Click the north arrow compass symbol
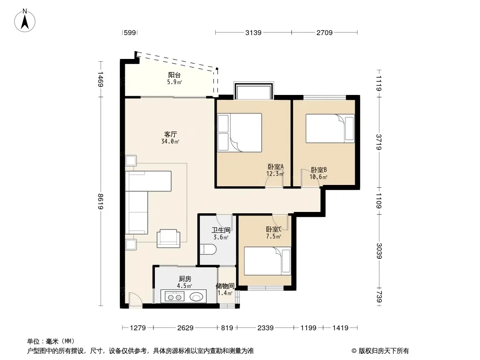click(x=25, y=21)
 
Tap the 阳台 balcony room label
click(x=174, y=75)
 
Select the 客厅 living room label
click(x=171, y=134)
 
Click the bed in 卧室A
click(x=240, y=133)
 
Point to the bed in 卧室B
click(x=331, y=128)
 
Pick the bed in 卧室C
click(x=267, y=261)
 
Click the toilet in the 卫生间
click(x=208, y=249)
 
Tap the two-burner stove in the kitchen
click(x=175, y=297)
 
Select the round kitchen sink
click(x=196, y=297)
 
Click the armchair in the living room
click(x=168, y=238)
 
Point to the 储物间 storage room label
click(x=225, y=286)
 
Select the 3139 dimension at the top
click(x=254, y=32)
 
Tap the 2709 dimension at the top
click(x=325, y=32)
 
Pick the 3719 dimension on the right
click(x=379, y=142)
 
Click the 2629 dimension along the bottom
click(x=186, y=328)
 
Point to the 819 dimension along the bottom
click(x=227, y=328)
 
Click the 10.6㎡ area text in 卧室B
click(x=318, y=177)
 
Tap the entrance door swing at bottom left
click(x=135, y=299)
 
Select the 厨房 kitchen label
click(x=185, y=279)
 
